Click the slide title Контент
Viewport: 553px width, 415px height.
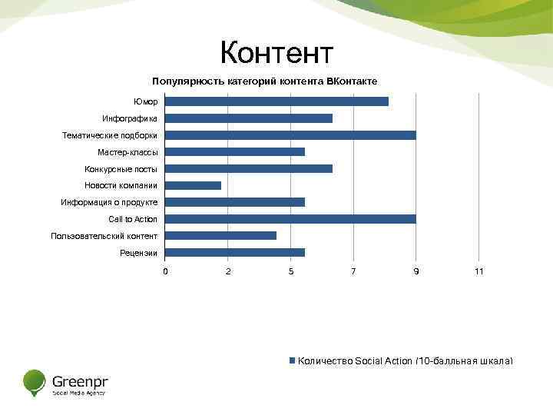click(x=276, y=53)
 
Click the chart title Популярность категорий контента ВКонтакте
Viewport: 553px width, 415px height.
click(x=264, y=81)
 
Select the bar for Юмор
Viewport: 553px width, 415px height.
click(x=276, y=101)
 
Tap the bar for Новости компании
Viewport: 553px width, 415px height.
click(x=193, y=185)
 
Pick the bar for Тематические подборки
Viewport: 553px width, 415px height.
click(x=290, y=135)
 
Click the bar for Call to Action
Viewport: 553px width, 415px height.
click(x=290, y=219)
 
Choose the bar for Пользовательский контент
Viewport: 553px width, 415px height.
click(x=220, y=236)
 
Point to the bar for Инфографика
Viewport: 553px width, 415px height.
click(x=249, y=118)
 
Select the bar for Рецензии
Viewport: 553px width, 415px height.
click(x=235, y=252)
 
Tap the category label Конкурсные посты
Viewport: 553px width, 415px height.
click(x=121, y=169)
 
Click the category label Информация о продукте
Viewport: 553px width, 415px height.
click(x=109, y=202)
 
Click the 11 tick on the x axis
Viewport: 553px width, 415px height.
click(x=478, y=271)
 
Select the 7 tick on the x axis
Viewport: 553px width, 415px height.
click(x=353, y=271)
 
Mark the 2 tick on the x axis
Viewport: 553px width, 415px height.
click(x=228, y=271)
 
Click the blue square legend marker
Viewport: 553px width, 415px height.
click(x=292, y=360)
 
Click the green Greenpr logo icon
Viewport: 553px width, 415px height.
click(x=35, y=382)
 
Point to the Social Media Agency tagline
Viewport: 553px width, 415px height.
click(x=78, y=393)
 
